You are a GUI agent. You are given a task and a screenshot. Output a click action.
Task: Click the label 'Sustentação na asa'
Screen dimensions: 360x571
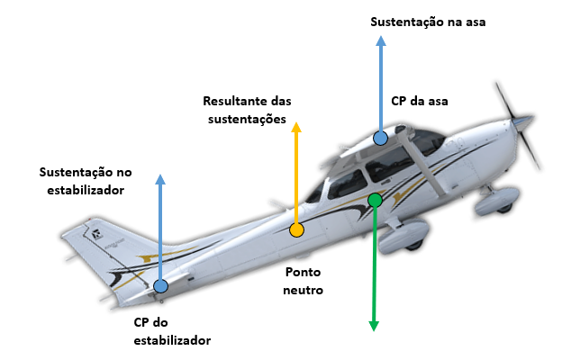(428, 21)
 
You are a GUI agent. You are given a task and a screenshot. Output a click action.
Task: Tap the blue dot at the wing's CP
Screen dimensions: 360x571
(381, 139)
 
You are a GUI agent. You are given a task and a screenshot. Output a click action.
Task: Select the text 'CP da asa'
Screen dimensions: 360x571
(419, 101)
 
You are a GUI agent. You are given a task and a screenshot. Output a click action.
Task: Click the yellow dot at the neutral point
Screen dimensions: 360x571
(296, 229)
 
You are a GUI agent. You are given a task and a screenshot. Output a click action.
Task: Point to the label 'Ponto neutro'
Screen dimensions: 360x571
(304, 280)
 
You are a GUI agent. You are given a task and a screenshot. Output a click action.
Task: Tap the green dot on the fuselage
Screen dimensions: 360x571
(375, 200)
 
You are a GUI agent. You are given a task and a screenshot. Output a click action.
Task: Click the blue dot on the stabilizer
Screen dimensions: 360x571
(160, 286)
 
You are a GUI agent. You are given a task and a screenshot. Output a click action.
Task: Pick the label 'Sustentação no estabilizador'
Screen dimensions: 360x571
(86, 180)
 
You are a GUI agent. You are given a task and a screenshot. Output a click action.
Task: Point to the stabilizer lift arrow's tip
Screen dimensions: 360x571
(160, 177)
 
